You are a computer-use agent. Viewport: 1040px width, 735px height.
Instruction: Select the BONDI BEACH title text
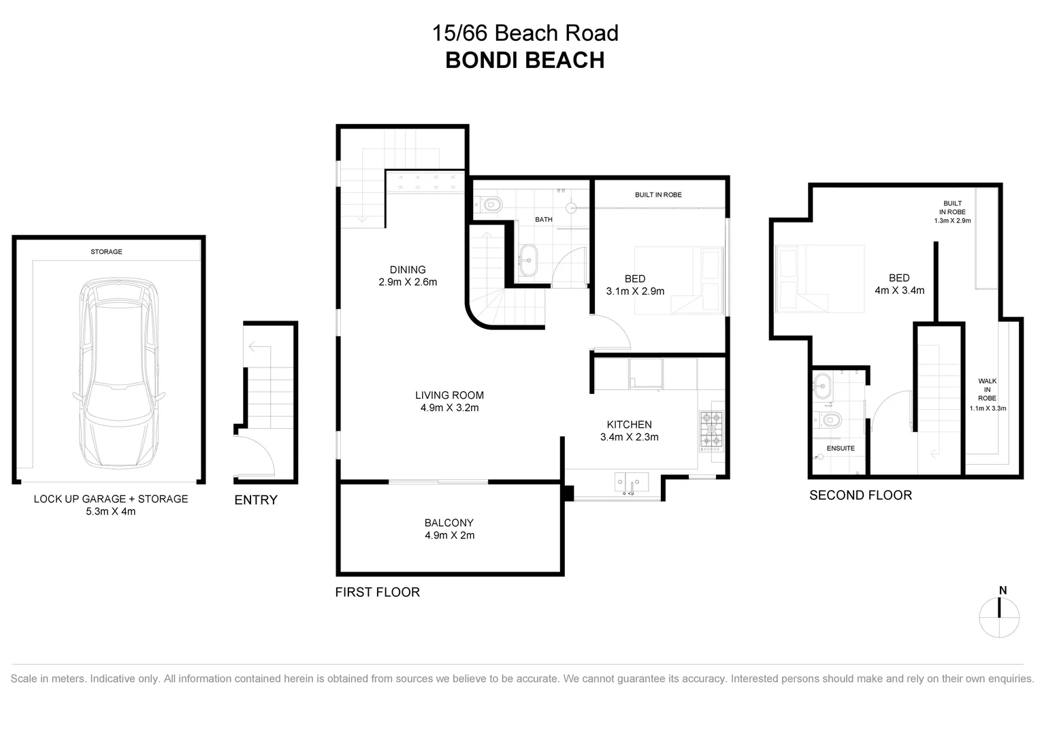(x=525, y=60)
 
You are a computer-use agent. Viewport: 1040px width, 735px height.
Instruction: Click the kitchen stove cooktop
(x=711, y=431)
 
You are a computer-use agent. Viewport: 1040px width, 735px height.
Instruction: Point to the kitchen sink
(x=632, y=483)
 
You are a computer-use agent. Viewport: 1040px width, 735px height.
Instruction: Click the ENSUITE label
(x=841, y=448)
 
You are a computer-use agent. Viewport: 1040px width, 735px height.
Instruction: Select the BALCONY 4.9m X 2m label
(x=449, y=529)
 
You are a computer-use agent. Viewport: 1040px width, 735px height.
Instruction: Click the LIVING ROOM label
(x=449, y=401)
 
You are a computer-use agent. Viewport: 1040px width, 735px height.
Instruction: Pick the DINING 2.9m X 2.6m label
(x=408, y=276)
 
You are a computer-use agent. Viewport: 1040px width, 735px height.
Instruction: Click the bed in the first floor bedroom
(x=679, y=280)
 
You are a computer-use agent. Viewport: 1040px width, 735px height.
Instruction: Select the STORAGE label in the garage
(x=106, y=252)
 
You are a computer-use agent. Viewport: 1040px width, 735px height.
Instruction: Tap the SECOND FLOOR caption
(x=860, y=495)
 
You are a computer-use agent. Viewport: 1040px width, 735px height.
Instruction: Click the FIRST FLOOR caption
(x=377, y=592)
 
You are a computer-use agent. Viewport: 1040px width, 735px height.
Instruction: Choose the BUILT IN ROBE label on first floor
(x=658, y=195)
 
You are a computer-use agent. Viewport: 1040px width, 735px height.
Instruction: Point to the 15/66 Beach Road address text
(x=525, y=33)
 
